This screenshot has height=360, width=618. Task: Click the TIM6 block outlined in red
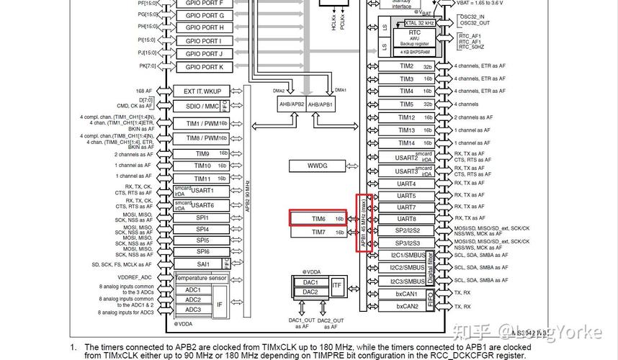(x=318, y=218)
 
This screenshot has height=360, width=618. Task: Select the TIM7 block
(x=318, y=232)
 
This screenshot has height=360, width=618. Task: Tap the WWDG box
(x=318, y=166)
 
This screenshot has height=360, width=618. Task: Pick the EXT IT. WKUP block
(x=202, y=91)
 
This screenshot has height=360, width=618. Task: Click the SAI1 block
(x=202, y=264)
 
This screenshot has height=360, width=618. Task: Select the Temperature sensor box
(x=202, y=278)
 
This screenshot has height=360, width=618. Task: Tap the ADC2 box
(x=193, y=300)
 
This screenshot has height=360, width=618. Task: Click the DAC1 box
(x=310, y=283)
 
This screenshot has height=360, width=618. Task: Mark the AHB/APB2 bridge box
(x=291, y=104)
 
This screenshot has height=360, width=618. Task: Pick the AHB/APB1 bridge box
(x=323, y=104)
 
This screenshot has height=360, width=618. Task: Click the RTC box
(x=415, y=32)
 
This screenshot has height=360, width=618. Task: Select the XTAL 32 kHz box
(x=419, y=23)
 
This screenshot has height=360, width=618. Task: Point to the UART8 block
(x=406, y=219)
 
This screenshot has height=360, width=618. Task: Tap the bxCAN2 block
(x=407, y=306)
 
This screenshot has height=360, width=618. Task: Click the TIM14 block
(x=406, y=143)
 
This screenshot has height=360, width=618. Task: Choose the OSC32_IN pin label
(x=472, y=16)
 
